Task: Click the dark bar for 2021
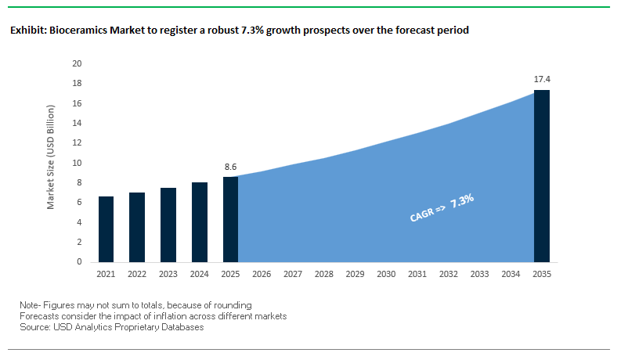(106, 229)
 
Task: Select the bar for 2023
(168, 225)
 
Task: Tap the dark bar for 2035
(541, 176)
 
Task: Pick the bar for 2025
(230, 219)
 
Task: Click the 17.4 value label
(541, 80)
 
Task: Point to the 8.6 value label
(230, 167)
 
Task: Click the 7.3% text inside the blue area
(463, 201)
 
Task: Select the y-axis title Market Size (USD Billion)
(51, 163)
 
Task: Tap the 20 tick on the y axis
(78, 63)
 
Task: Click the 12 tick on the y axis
(78, 143)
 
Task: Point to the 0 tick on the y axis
(80, 262)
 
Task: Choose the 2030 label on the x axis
(385, 275)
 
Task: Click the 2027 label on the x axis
(292, 275)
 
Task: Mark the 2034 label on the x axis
(510, 275)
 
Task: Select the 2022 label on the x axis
(137, 275)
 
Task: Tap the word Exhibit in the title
(27, 31)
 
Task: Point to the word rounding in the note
(233, 304)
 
